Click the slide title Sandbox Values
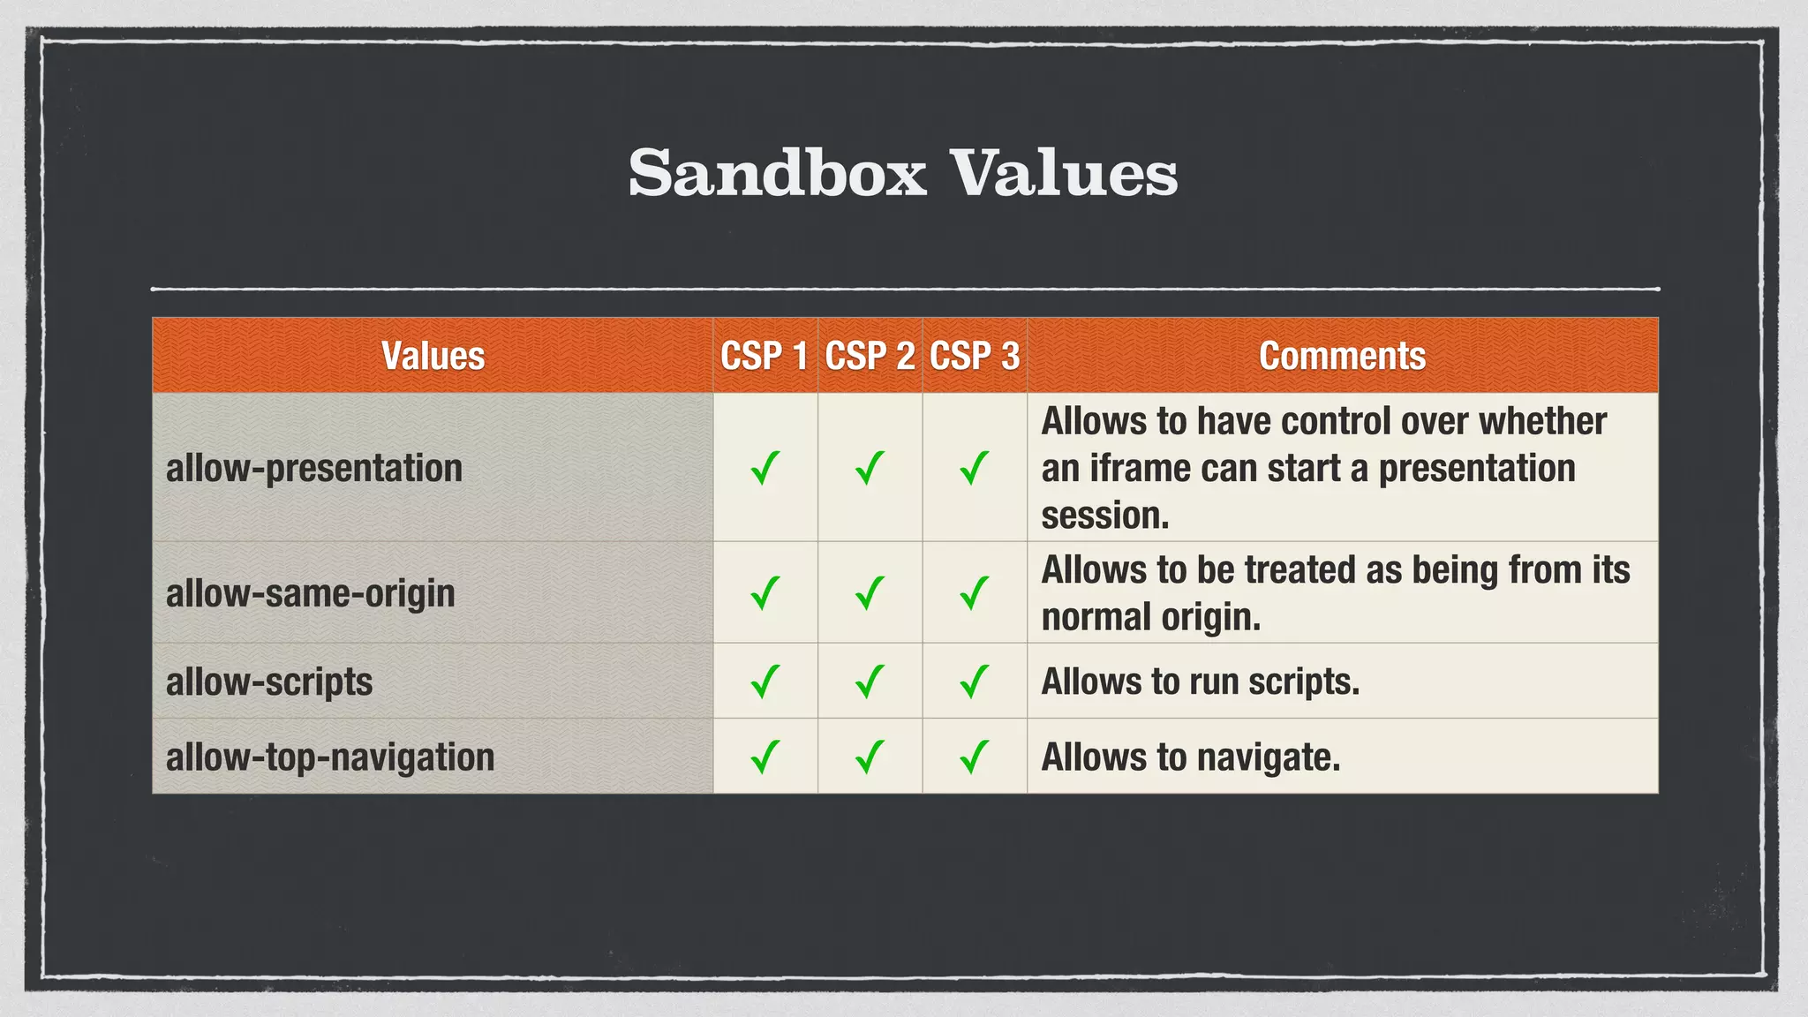pyautogui.click(x=903, y=173)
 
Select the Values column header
pyautogui.click(x=433, y=356)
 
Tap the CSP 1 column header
pyautogui.click(x=765, y=356)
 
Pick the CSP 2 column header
pyautogui.click(x=870, y=356)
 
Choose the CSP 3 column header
pyautogui.click(x=975, y=356)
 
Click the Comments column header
pyautogui.click(x=1342, y=356)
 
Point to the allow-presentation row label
pyautogui.click(x=314, y=468)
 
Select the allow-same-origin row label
pyautogui.click(x=311, y=593)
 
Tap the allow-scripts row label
pyautogui.click(x=269, y=682)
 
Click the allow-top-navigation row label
pyautogui.click(x=330, y=757)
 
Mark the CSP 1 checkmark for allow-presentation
pyautogui.click(x=765, y=468)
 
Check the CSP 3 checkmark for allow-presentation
pyautogui.click(x=975, y=468)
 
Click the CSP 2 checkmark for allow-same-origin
pyautogui.click(x=870, y=593)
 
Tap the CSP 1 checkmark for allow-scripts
pyautogui.click(x=765, y=682)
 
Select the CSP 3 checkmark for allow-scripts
pyautogui.click(x=975, y=682)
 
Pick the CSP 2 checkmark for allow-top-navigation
pyautogui.click(x=870, y=757)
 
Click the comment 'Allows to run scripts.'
pyautogui.click(x=1200, y=682)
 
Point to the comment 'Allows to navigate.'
pyautogui.click(x=1190, y=757)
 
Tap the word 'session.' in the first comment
pyautogui.click(x=1105, y=516)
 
